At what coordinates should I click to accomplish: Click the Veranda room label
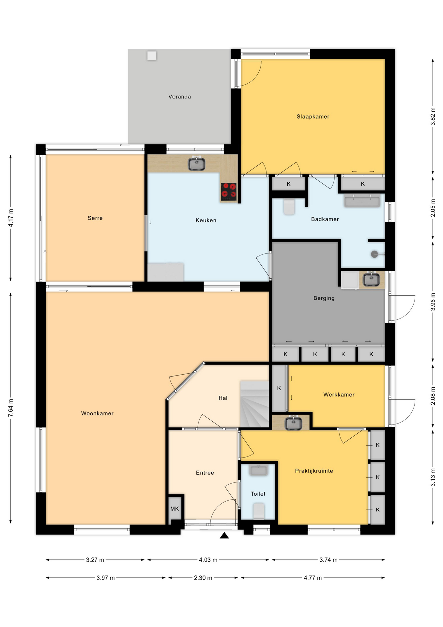(179, 97)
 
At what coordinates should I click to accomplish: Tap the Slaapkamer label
(313, 117)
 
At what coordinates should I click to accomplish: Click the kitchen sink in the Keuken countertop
(196, 164)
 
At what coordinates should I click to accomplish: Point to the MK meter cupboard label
(175, 509)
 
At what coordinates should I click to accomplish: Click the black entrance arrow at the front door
(224, 535)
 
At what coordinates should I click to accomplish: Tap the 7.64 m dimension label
(11, 408)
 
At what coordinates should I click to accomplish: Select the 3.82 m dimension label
(433, 116)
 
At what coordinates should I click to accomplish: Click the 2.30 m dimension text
(203, 578)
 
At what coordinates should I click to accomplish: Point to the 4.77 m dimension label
(313, 578)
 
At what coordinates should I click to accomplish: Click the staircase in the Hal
(254, 404)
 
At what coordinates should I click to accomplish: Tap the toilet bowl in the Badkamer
(289, 207)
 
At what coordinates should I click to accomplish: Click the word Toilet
(258, 494)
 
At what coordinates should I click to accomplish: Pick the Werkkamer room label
(339, 394)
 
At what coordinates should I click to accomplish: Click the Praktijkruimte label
(314, 471)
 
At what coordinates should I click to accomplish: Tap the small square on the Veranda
(152, 56)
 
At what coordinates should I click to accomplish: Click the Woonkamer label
(97, 413)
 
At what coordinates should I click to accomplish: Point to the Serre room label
(95, 218)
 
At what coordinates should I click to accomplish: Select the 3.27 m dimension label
(95, 560)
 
